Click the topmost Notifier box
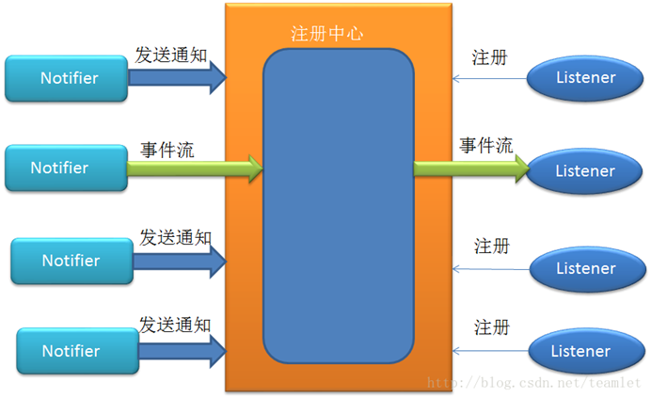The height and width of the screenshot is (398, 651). tap(67, 78)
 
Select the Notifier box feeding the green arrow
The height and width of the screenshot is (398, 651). tap(66, 168)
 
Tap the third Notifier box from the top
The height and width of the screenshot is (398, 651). tap(71, 261)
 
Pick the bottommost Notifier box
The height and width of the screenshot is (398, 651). tap(71, 351)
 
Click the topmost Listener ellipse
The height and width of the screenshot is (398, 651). tap(585, 78)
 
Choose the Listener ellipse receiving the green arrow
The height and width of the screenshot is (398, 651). tap(585, 170)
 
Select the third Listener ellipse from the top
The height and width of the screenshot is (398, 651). tap(585, 268)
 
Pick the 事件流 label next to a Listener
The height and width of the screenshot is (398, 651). tap(485, 146)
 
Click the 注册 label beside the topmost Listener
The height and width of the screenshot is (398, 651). tap(489, 57)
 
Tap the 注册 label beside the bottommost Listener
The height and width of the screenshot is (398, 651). tap(492, 327)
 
